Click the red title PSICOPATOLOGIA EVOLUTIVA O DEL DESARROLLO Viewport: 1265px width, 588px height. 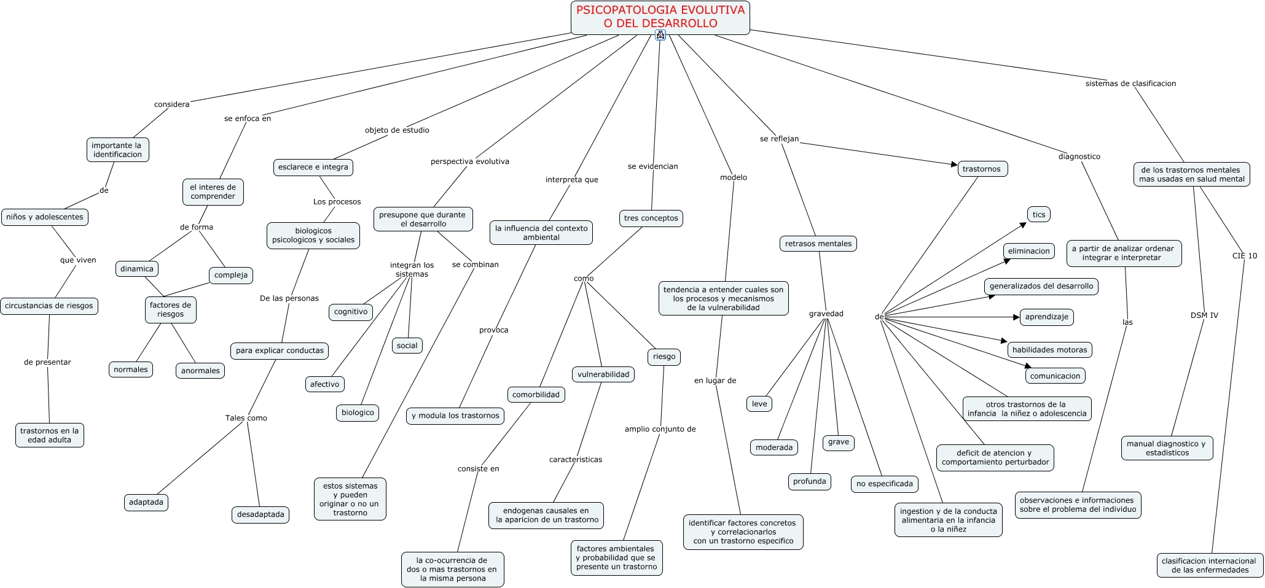[x=660, y=17]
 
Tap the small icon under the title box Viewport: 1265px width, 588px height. [x=660, y=35]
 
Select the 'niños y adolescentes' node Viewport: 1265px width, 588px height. [x=45, y=217]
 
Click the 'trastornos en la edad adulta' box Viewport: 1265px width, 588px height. [x=50, y=435]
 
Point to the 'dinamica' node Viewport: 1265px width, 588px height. [x=137, y=269]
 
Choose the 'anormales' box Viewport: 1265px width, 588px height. [x=200, y=371]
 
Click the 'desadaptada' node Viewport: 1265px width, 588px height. [x=260, y=514]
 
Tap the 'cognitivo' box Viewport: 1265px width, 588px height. [x=351, y=312]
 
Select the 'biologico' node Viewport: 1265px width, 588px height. [x=358, y=412]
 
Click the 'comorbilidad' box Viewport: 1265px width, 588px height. [x=536, y=395]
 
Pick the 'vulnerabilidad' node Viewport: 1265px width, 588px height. [x=603, y=374]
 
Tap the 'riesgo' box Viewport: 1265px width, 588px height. [x=664, y=357]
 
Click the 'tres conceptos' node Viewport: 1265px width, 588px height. [x=651, y=219]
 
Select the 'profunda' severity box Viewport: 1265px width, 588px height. [x=809, y=482]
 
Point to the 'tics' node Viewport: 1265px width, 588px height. [x=1039, y=215]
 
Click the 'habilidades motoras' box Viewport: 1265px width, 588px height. [x=1049, y=350]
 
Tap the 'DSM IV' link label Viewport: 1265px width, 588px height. [x=1204, y=315]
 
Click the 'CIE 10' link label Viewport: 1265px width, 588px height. [x=1245, y=256]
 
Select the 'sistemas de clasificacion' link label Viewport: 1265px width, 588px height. [x=1130, y=83]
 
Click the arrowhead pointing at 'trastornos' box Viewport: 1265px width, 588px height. [x=954, y=164]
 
